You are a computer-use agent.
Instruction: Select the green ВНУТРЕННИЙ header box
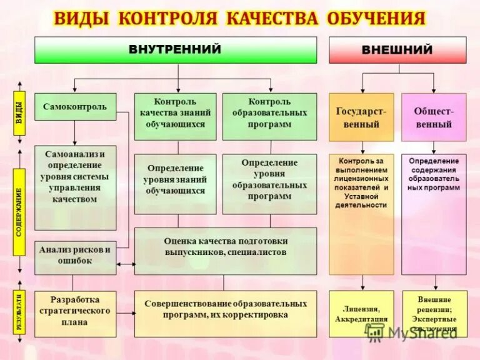tap(178, 50)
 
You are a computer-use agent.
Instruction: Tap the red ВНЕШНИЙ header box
tap(397, 50)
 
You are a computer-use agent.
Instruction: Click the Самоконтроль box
tap(75, 107)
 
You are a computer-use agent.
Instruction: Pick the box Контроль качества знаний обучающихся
tap(176, 116)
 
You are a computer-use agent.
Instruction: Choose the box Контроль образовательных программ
tap(269, 116)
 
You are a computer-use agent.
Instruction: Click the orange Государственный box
tap(361, 117)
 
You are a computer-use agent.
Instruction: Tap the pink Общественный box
tap(434, 117)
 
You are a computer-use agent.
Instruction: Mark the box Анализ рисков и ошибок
tap(75, 257)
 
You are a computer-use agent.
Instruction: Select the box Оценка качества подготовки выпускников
tap(226, 251)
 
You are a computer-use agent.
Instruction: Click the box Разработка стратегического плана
tap(75, 314)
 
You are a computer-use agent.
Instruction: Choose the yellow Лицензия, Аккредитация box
tap(361, 314)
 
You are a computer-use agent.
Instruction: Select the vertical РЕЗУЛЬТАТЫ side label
tap(19, 312)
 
